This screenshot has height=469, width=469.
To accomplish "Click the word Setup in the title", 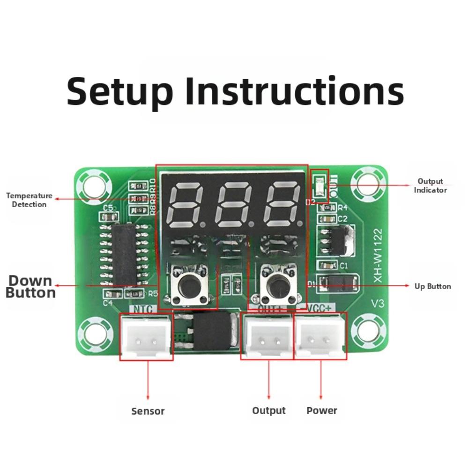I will pyautogui.click(x=119, y=91).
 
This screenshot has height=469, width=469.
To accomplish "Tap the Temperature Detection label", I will pyautogui.click(x=29, y=200).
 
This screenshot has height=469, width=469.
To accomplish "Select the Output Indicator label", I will pyautogui.click(x=430, y=186).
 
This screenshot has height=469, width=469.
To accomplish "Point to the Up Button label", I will pyautogui.click(x=432, y=286).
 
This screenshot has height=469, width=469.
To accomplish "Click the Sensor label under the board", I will pyautogui.click(x=148, y=411).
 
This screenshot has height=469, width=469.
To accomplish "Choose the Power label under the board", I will pyautogui.click(x=321, y=411).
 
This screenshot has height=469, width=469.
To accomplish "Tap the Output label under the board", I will pyautogui.click(x=268, y=411).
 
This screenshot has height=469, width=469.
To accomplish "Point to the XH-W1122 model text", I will pyautogui.click(x=378, y=255).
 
